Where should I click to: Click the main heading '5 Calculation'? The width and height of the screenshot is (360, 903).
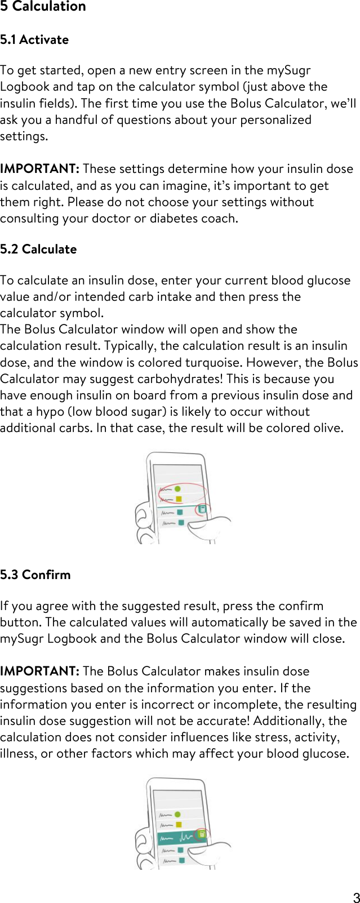pos(43,7)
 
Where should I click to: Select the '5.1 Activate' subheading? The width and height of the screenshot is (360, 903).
pos(34,40)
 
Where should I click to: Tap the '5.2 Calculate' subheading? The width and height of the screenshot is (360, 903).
pos(38,249)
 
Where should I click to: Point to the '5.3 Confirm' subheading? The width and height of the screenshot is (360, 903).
pos(35,575)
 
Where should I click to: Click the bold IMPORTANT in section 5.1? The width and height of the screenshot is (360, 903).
pos(39,169)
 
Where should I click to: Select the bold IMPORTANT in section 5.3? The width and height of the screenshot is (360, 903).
pos(39,671)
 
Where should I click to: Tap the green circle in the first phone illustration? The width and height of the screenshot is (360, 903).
pos(178,489)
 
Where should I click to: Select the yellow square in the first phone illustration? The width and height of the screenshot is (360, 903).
pos(179,499)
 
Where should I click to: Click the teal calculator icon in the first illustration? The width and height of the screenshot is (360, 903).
pos(202,510)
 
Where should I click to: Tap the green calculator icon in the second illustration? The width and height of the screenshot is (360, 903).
pos(202,834)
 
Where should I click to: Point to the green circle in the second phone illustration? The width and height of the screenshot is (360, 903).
pos(178,814)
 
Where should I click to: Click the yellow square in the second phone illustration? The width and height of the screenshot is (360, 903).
pos(179,824)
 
